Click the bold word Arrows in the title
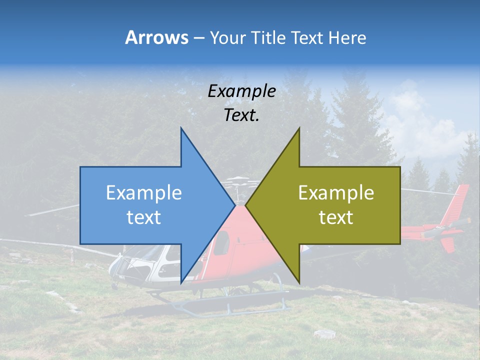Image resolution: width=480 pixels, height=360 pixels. click(x=156, y=37)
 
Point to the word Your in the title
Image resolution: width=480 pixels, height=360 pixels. click(x=226, y=38)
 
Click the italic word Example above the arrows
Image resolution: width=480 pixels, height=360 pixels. click(x=241, y=91)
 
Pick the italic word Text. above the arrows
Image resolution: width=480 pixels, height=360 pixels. click(x=241, y=115)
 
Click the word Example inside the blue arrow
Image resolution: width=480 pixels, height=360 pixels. click(x=143, y=192)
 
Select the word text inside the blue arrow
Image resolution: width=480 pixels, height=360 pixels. click(x=143, y=217)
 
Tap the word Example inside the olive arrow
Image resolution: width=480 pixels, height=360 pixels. click(x=336, y=192)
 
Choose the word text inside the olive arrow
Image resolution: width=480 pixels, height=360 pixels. click(x=336, y=217)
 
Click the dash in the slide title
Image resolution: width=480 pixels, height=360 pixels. click(x=198, y=38)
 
